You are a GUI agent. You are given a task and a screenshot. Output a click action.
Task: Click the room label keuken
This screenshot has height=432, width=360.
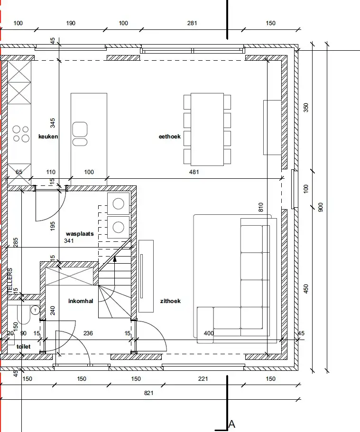click(48, 137)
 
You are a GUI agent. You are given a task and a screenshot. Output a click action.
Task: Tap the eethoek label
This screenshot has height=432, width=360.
click(169, 137)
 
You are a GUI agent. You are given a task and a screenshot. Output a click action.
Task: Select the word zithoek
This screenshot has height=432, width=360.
click(170, 301)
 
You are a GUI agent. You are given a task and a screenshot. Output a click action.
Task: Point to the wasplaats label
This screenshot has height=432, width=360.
click(80, 234)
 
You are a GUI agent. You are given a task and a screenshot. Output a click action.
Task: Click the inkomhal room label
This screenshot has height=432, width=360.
click(81, 301)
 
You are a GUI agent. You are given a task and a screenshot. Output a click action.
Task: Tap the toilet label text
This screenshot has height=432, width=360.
click(23, 347)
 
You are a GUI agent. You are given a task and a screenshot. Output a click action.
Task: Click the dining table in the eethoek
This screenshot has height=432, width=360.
click(207, 129)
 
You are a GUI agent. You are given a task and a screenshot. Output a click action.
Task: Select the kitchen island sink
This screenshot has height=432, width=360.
click(80, 134)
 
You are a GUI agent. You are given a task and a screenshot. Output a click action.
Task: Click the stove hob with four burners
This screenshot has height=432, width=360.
click(21, 134)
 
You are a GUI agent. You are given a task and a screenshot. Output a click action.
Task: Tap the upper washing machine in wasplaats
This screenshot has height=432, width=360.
click(118, 204)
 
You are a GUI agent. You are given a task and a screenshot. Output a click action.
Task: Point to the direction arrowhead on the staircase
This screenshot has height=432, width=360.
click(115, 259)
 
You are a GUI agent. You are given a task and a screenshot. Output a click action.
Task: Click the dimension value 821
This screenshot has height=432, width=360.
click(149, 393)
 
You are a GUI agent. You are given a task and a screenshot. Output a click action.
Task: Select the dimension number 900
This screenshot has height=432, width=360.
click(320, 207)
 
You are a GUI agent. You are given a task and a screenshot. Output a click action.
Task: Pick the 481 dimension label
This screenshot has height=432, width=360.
click(194, 172)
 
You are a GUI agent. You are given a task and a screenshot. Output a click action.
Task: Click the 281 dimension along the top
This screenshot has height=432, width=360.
click(192, 23)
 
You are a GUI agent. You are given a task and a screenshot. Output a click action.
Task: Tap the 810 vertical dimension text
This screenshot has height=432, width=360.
click(261, 207)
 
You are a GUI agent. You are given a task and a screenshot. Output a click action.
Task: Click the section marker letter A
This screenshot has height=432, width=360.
click(232, 424)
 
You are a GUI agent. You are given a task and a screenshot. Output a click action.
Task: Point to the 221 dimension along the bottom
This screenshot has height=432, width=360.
click(203, 379)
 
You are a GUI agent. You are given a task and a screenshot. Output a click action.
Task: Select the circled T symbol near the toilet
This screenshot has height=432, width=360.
click(35, 310)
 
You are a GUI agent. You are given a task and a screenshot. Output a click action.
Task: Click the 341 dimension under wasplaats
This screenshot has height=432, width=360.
click(69, 241)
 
